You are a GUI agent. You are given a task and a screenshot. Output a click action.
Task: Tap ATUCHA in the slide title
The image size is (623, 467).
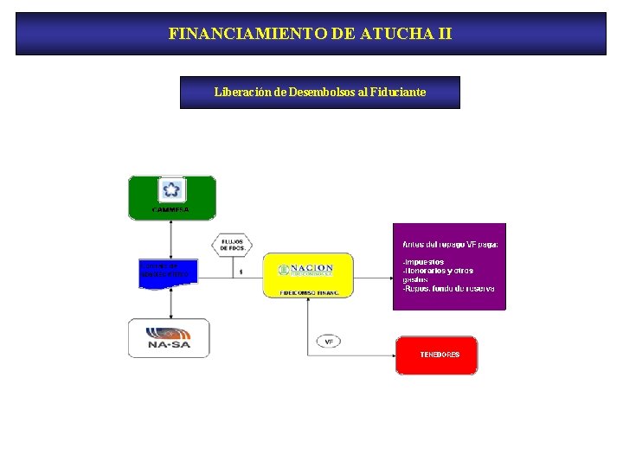[x=386, y=35]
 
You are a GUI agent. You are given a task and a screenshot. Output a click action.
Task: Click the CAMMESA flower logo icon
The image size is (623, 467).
[x=171, y=189]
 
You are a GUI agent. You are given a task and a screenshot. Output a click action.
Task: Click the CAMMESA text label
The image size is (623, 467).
[x=171, y=210]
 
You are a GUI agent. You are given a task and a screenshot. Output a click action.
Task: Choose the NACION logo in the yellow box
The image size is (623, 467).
[x=307, y=269]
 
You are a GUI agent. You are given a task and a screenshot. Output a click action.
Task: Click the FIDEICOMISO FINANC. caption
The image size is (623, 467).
[x=308, y=293]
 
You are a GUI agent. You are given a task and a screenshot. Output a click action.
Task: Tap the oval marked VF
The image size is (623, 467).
[x=329, y=342]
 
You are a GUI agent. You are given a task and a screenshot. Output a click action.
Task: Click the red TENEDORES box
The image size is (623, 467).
[x=437, y=355]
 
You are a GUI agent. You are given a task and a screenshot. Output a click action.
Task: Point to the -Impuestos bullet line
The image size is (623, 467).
[x=424, y=262]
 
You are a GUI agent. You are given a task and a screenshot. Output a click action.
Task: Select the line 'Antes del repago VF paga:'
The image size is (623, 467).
[x=450, y=245]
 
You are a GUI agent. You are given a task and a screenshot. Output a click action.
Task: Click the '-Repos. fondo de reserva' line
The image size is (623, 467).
[x=448, y=288]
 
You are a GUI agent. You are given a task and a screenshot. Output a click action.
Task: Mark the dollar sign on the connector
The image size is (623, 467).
[x=241, y=272]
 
